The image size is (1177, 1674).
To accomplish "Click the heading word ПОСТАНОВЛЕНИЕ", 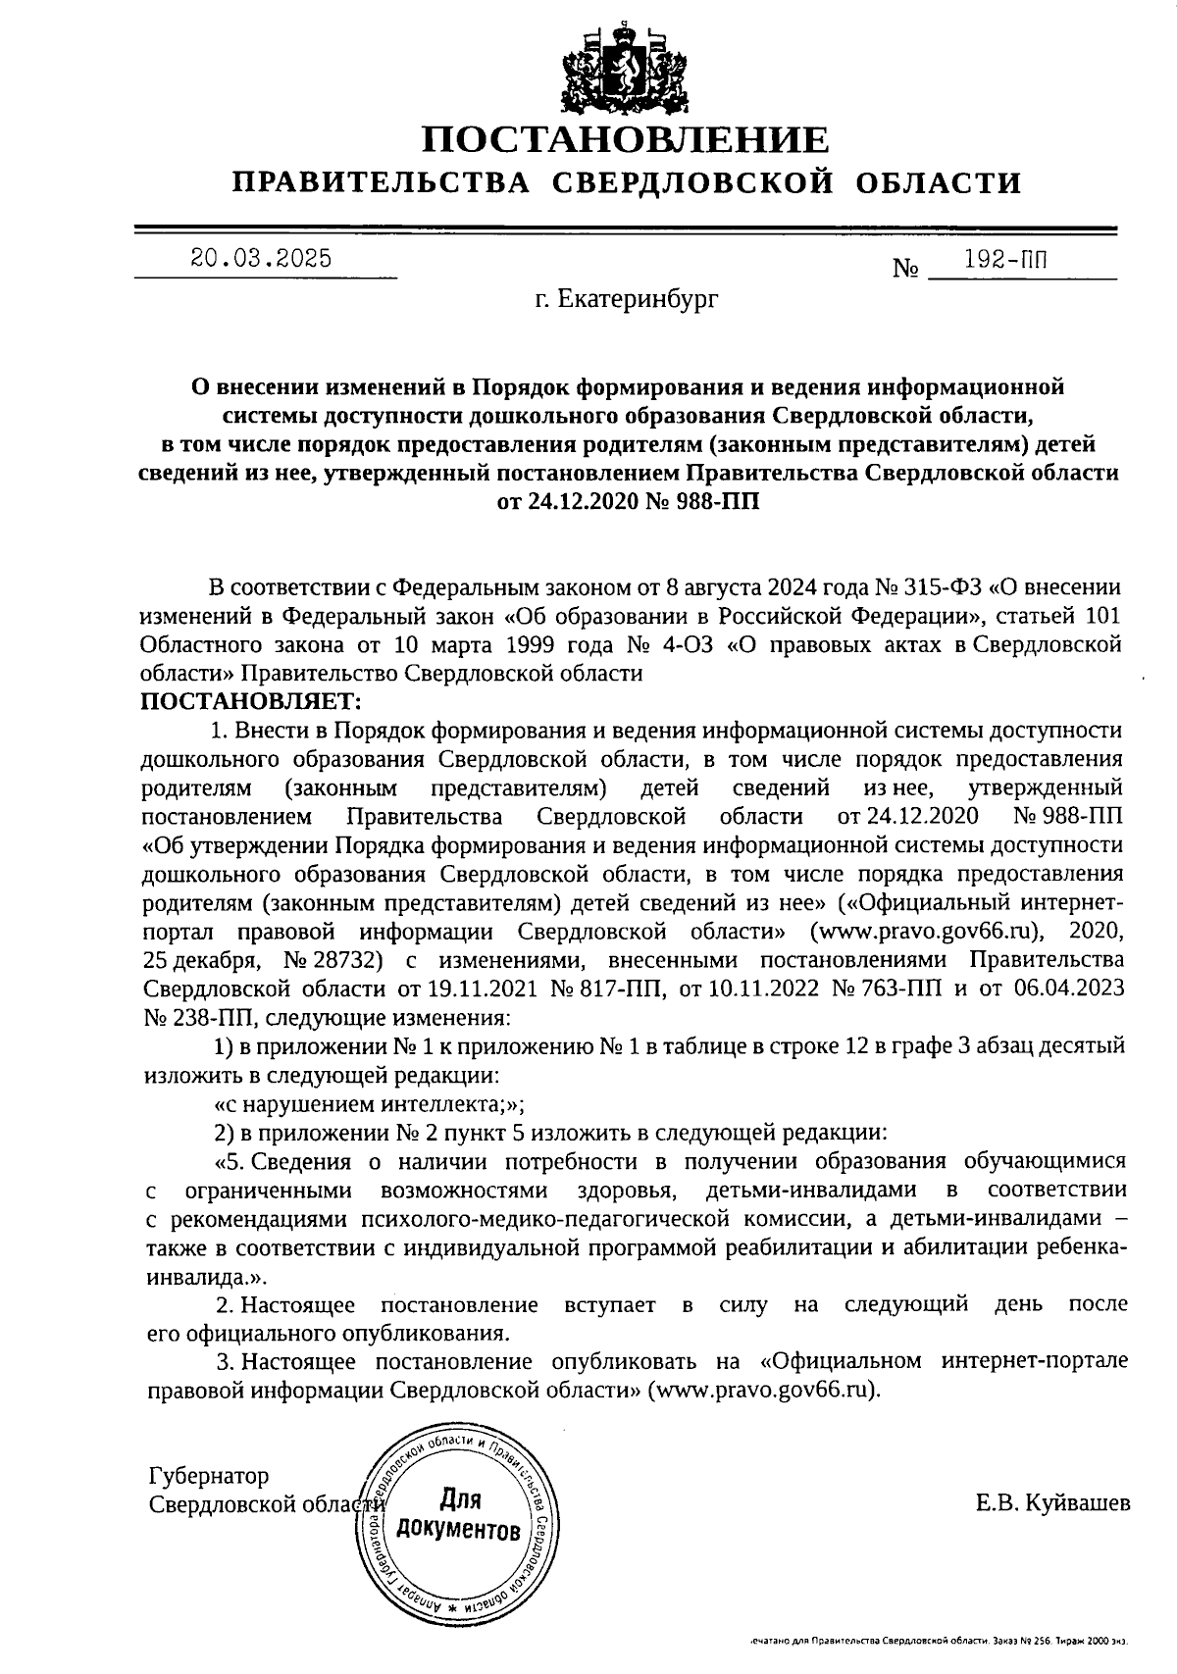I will click(x=626, y=140).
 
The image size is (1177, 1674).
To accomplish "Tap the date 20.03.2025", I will click(x=261, y=259).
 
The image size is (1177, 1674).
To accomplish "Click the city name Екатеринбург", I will click(x=626, y=299).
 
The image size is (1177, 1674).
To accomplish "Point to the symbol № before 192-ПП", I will click(x=904, y=268).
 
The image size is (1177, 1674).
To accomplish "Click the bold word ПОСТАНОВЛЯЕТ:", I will click(x=252, y=702).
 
